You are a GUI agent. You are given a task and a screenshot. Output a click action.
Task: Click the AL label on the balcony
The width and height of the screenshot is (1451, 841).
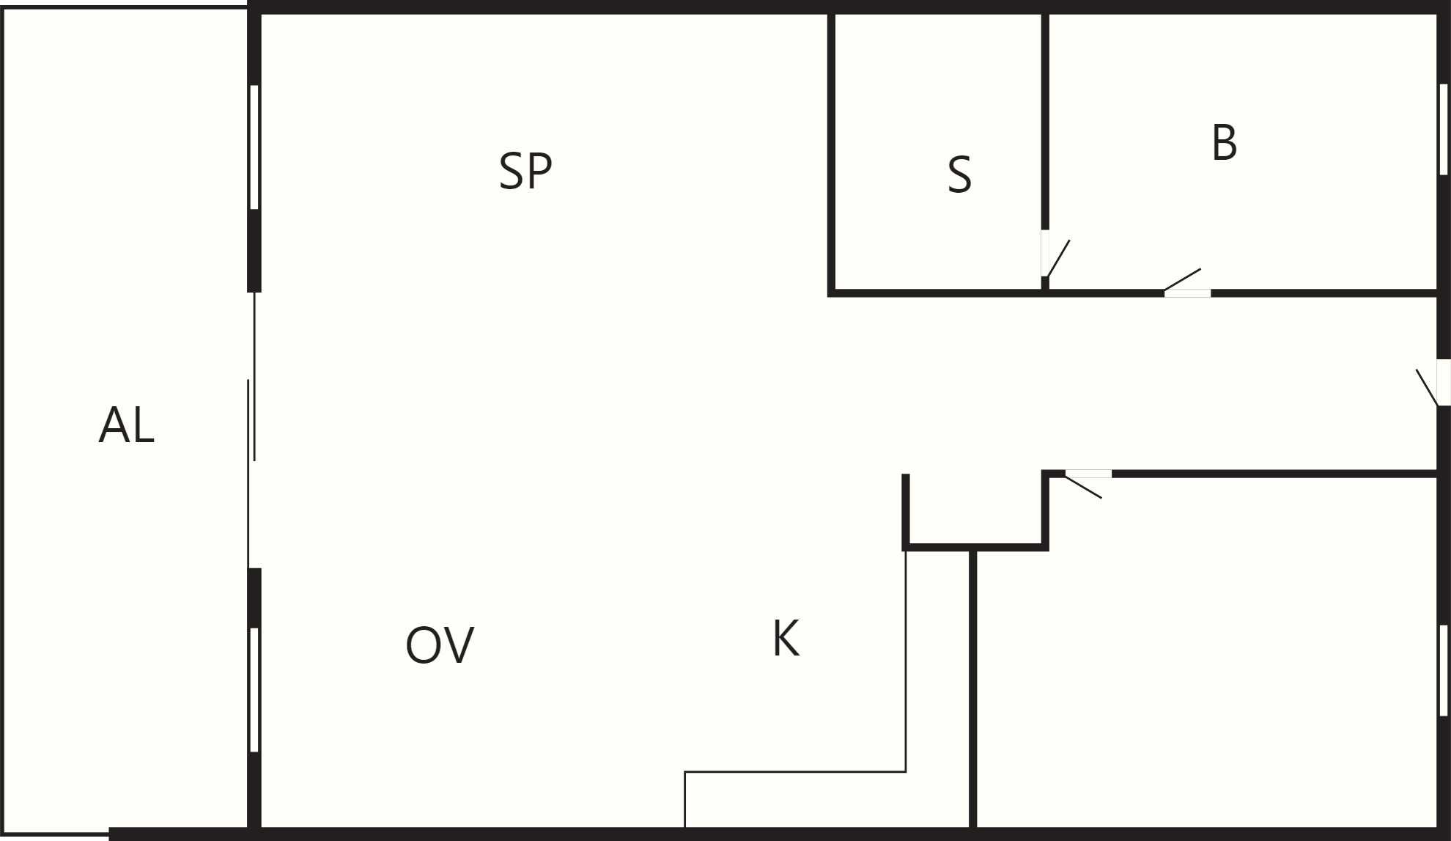[127, 425]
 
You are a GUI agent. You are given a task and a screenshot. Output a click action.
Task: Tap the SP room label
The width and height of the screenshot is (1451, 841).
[525, 171]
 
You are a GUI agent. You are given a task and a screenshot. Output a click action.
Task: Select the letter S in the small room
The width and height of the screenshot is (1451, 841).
[959, 175]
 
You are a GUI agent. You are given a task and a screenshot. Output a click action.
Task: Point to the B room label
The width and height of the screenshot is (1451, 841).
[1224, 143]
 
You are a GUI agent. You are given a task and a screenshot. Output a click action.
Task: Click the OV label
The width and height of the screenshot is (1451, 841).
[440, 645]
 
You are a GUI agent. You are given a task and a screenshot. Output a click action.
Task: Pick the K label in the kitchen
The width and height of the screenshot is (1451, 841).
[786, 638]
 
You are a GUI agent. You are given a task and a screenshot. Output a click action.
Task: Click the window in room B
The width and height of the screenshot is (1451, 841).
[1443, 130]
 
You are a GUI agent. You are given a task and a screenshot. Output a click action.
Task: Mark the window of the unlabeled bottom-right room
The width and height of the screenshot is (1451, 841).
[1443, 670]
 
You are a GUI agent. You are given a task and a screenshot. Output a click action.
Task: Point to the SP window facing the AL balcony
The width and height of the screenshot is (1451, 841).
[254, 147]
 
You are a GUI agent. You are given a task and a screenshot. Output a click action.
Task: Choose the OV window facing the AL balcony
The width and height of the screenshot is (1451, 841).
[254, 690]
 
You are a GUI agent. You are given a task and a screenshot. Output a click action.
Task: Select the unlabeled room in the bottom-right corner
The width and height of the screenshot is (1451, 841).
[1206, 653]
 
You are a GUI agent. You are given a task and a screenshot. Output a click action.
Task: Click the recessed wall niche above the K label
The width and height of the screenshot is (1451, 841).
[975, 511]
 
